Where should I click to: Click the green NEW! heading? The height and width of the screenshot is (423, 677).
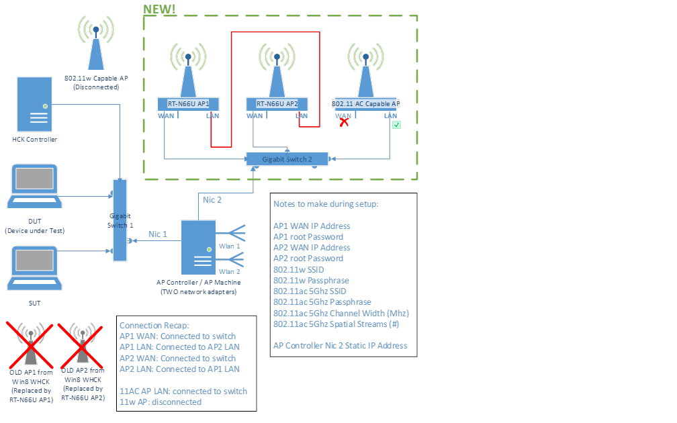coord(160,9)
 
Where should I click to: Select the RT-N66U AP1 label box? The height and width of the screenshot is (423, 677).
coord(188,104)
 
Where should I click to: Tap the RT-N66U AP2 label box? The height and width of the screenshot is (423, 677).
coord(276,104)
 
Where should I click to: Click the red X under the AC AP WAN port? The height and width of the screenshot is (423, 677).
coord(344,123)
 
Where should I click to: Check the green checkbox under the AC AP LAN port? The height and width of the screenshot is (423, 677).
coord(396,125)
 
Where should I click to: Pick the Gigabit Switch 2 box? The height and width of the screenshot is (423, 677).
coord(287,159)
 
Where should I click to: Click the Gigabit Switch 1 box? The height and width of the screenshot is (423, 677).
coord(120,220)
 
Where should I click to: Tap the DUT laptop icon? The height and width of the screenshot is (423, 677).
coord(34,189)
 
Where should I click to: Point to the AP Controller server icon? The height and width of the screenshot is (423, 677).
coord(198,248)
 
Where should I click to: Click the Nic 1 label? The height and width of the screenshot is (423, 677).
coord(158,234)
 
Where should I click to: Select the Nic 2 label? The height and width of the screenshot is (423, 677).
coord(212,199)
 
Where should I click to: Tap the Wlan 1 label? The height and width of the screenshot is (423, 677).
coord(229,246)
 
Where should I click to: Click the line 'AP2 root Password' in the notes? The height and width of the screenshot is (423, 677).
coord(308,258)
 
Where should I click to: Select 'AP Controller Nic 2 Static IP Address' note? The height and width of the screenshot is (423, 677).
coord(340,346)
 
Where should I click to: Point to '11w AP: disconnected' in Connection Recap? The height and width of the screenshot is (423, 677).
coord(160,402)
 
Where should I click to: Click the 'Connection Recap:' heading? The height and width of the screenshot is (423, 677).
coord(154,326)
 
